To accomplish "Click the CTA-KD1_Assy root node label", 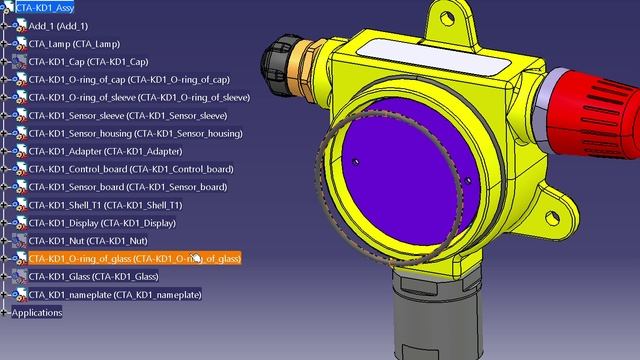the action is (x=45, y=8).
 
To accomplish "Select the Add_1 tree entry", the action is (x=58, y=26).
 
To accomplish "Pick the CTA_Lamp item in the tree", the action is (x=74, y=44).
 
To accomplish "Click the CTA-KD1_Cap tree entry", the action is (x=88, y=62).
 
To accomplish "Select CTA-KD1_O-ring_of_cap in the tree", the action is (x=129, y=80).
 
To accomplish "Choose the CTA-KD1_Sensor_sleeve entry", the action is (x=128, y=116).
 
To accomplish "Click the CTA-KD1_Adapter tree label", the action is (x=105, y=151).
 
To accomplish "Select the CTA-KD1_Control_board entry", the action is (x=131, y=169).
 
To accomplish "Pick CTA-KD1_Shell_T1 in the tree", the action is (x=105, y=205).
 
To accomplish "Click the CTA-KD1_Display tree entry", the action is (x=102, y=223).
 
